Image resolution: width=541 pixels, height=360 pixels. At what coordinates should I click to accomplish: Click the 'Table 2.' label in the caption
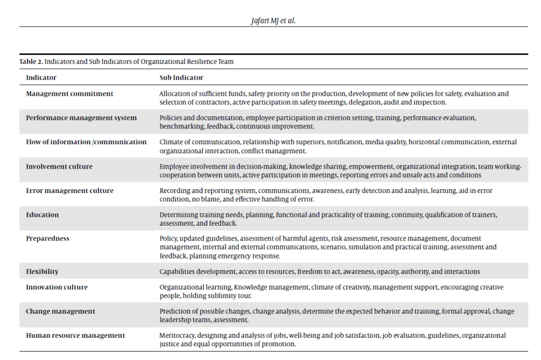point(31,61)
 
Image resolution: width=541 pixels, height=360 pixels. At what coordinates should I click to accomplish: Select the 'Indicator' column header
point(41,78)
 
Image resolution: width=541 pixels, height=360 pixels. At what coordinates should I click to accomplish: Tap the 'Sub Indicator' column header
point(181,78)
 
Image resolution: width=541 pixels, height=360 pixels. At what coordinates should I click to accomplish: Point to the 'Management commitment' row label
point(70,94)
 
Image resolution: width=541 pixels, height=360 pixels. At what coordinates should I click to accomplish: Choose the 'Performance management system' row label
point(81,118)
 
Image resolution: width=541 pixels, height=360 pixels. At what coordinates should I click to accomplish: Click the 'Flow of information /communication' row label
point(86,142)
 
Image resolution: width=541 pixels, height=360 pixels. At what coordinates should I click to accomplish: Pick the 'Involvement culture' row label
point(59,167)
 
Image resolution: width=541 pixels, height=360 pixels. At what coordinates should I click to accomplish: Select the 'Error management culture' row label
point(70,190)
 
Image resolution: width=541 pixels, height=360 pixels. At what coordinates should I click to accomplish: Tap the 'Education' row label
point(42,215)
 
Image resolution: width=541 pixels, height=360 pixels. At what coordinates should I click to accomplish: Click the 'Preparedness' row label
point(48,238)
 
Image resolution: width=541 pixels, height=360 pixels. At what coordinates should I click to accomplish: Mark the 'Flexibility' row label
point(42,271)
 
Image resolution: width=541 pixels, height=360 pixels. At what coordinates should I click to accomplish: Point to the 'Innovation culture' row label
point(57,287)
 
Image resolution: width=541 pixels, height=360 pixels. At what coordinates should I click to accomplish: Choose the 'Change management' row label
point(61,311)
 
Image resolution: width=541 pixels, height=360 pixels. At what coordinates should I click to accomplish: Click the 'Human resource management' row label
point(76,335)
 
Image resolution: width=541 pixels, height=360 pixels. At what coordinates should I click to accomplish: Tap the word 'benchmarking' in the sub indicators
point(180,126)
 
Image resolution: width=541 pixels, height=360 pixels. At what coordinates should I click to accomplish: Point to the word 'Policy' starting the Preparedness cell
point(168,238)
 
